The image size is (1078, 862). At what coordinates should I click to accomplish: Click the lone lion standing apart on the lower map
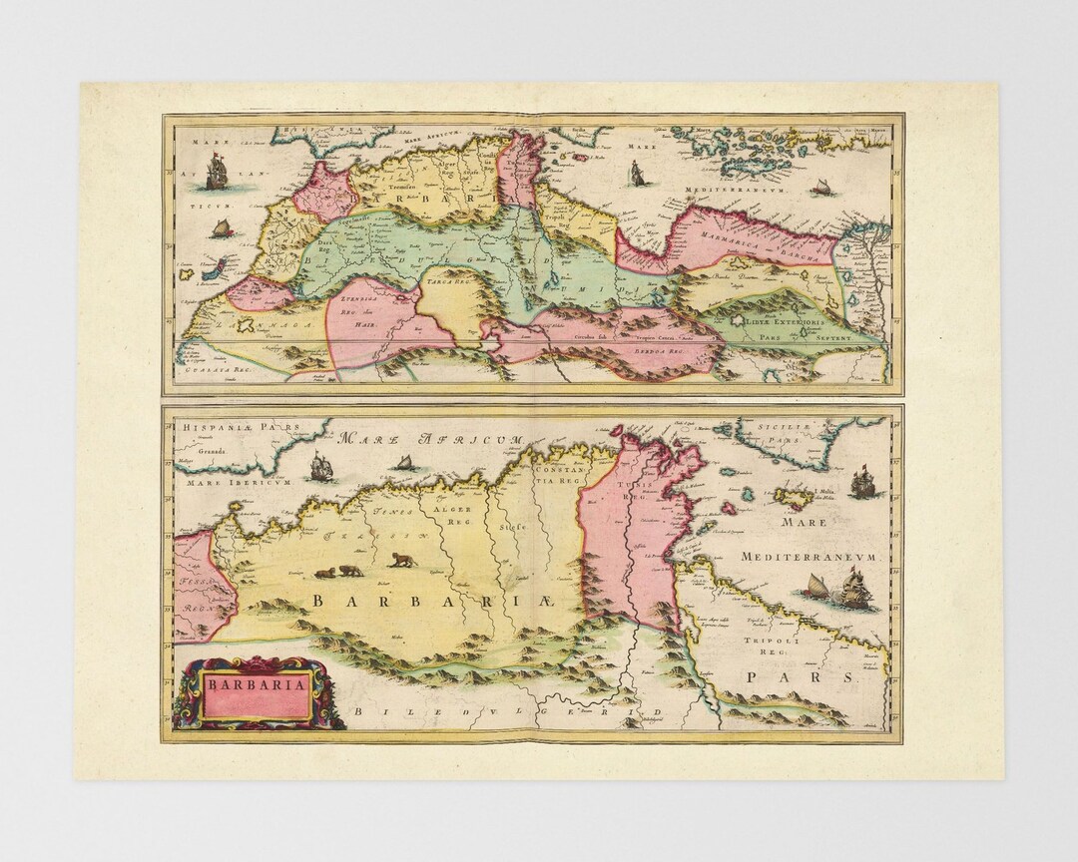point(401,559)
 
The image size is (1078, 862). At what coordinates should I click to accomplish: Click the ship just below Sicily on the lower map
point(861,483)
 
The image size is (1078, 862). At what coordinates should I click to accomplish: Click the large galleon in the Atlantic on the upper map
point(216,176)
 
